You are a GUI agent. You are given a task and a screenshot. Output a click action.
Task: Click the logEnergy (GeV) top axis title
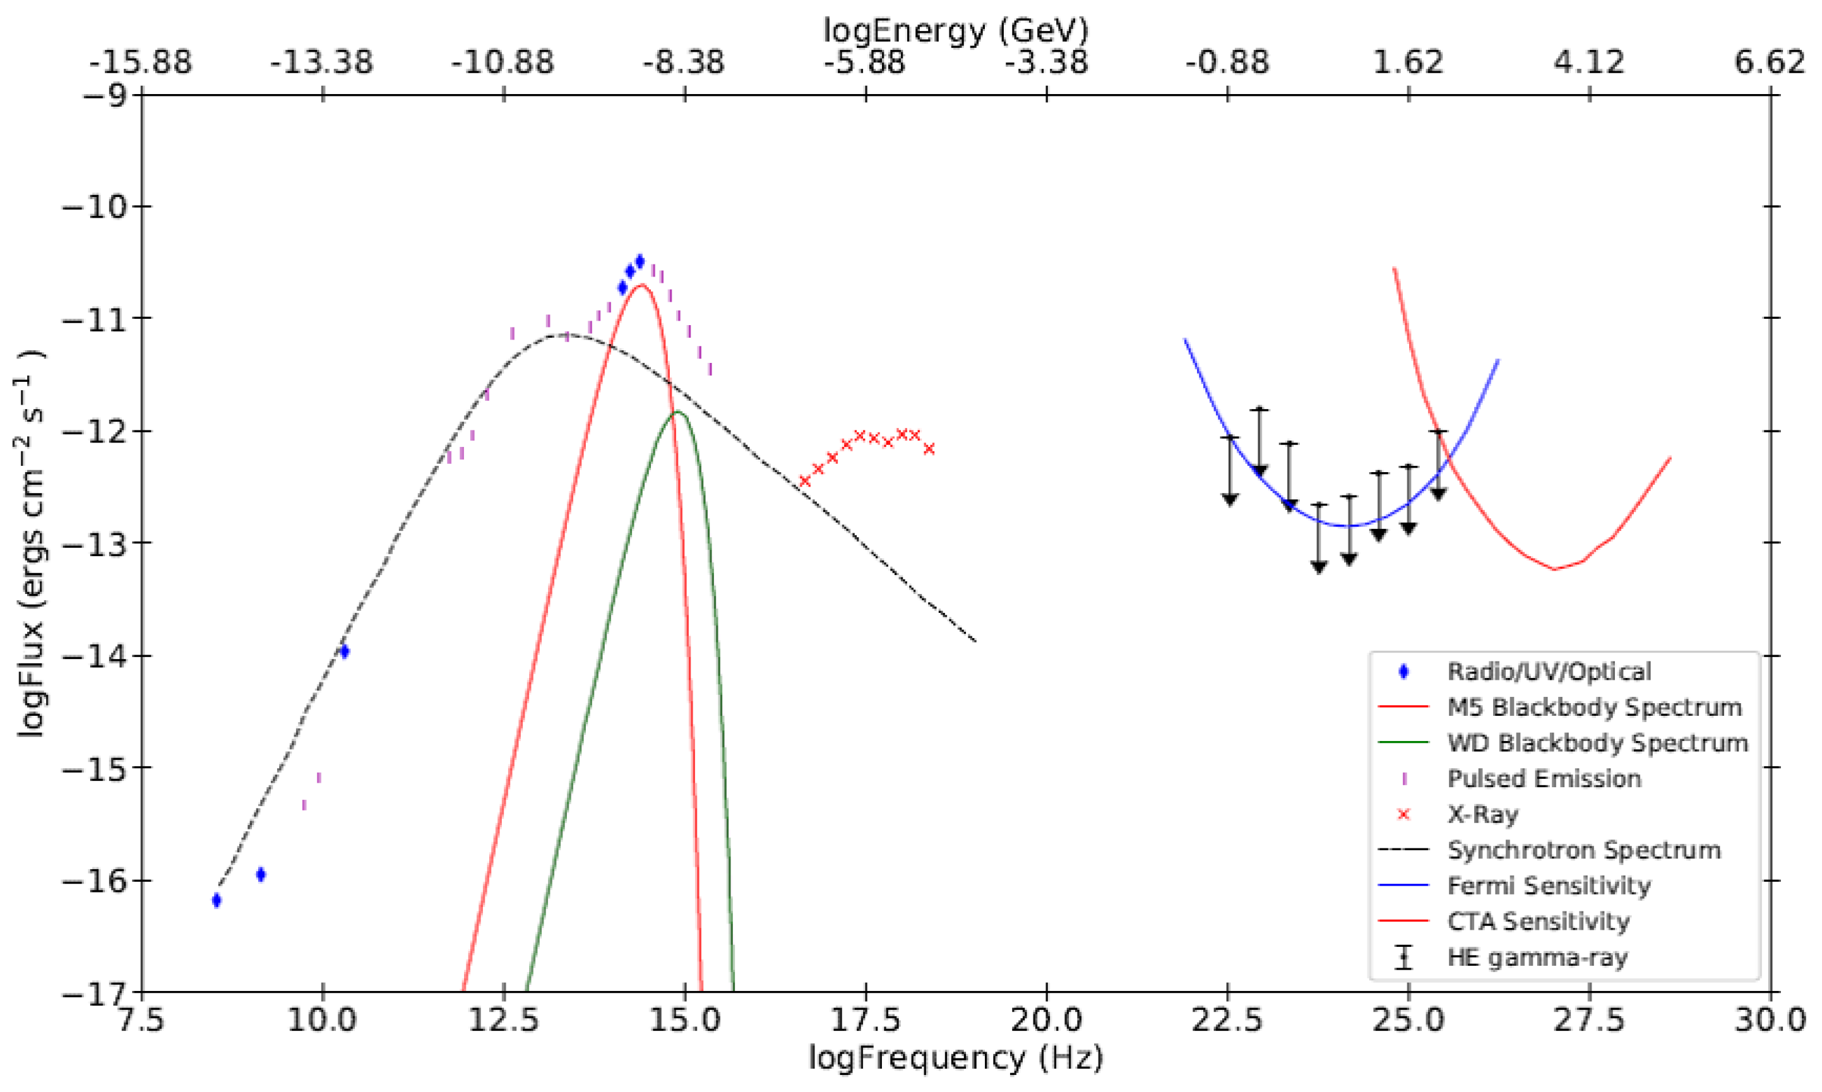point(955,30)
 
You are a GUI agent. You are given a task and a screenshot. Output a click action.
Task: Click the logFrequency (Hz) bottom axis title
point(955,1058)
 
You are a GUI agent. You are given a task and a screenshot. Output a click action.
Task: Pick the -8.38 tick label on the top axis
point(684,62)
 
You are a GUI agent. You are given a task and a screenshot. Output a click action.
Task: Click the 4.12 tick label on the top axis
point(1589,62)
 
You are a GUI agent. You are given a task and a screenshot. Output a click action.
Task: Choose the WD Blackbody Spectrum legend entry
point(1597,743)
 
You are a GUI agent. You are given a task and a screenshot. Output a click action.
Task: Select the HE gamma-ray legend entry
point(1537,958)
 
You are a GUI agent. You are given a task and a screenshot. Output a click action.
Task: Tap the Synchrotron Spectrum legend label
point(1583,850)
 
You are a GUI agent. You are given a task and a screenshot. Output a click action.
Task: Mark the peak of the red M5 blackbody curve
point(641,285)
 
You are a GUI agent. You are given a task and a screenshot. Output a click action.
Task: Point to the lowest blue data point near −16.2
point(217,900)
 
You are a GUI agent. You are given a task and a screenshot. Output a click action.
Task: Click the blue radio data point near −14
point(343,651)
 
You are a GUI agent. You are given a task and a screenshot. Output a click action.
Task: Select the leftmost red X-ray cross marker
point(804,480)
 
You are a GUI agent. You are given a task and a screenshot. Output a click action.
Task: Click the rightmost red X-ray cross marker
point(929,449)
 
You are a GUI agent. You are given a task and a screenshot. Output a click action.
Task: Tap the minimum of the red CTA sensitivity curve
point(1555,569)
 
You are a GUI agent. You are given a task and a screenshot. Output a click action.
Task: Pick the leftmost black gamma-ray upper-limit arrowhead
point(1230,501)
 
